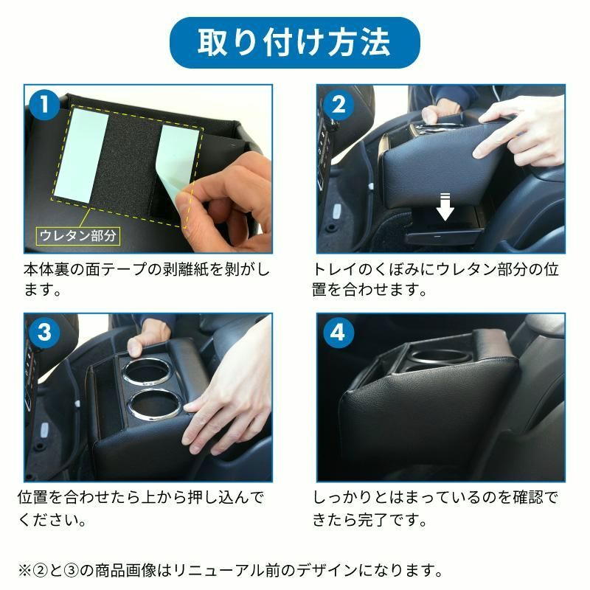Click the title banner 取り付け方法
point(295,43)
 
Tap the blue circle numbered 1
point(45,105)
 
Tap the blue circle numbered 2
point(339,105)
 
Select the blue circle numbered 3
point(45,333)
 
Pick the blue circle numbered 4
point(339,333)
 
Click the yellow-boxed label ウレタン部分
point(78,236)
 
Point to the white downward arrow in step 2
point(445,209)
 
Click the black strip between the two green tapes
point(133,159)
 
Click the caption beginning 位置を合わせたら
point(140,507)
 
